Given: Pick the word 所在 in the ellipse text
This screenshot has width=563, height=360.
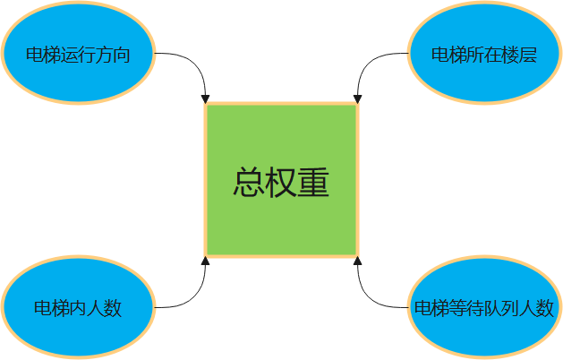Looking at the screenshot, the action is [484, 55].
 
